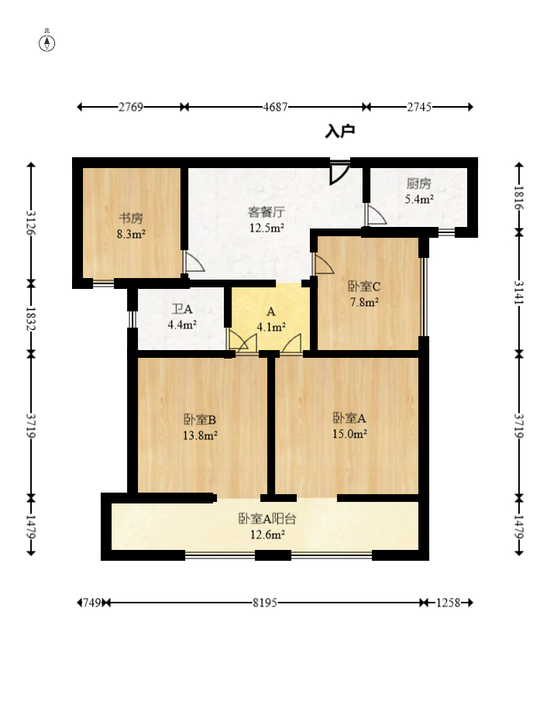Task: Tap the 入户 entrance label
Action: click(x=340, y=132)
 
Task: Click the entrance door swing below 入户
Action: click(x=339, y=172)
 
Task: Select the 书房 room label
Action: click(x=131, y=218)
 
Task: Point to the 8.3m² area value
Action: click(x=131, y=234)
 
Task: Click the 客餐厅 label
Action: click(x=266, y=212)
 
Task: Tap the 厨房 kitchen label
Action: click(x=419, y=184)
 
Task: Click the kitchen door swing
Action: click(x=376, y=215)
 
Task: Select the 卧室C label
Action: click(x=364, y=287)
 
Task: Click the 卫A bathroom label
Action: click(x=182, y=309)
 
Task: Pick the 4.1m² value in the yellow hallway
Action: click(x=271, y=327)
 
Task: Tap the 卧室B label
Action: click(x=200, y=420)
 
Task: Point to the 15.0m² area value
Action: click(x=349, y=434)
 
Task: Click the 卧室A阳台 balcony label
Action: click(x=267, y=519)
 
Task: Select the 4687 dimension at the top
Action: click(x=275, y=107)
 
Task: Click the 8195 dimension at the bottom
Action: click(x=265, y=603)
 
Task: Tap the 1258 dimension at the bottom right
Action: click(x=448, y=603)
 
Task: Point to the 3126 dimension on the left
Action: click(x=31, y=222)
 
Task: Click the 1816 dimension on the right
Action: click(x=519, y=198)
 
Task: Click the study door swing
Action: click(x=193, y=262)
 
